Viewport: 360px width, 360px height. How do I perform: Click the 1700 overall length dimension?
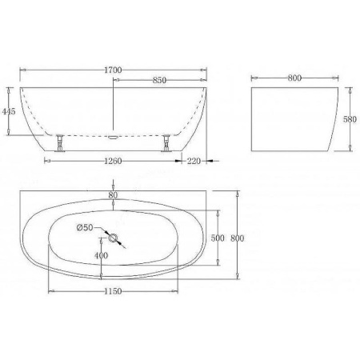coord(113,70)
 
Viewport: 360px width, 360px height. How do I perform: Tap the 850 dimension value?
coord(159,80)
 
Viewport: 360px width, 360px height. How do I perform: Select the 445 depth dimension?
coord(9,111)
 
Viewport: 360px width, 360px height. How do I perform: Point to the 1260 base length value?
coord(113,161)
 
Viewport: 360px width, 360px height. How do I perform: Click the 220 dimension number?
coord(194,161)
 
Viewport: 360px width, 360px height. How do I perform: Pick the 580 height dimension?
coord(350,119)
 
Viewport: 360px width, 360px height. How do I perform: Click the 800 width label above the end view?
coord(294,78)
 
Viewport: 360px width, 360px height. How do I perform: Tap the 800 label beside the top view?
coord(237,238)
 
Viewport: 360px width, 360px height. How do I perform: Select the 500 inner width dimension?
coord(218,238)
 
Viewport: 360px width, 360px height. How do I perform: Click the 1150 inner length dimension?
coord(113,291)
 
